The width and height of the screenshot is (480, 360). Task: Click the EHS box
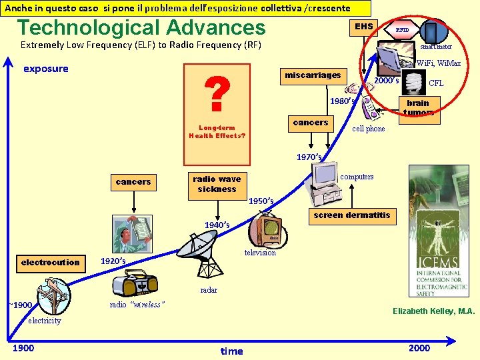tap(364, 27)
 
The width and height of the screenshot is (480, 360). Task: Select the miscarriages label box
tap(313, 75)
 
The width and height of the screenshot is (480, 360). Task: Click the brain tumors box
tap(418, 107)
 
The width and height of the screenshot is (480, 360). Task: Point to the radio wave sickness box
tap(217, 184)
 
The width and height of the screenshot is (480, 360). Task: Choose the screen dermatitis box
tap(351, 216)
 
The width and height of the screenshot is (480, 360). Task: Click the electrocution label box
tap(50, 263)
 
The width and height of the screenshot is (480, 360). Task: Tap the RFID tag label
tap(402, 30)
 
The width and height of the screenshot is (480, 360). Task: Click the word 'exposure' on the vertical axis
tap(46, 69)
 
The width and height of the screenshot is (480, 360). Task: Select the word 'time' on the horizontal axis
tap(232, 351)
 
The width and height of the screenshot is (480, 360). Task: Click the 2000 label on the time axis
tap(419, 348)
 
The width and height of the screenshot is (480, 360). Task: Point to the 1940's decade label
tap(217, 225)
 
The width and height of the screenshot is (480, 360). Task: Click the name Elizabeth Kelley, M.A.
tap(433, 311)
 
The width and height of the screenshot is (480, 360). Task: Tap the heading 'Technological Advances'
tap(141, 28)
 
